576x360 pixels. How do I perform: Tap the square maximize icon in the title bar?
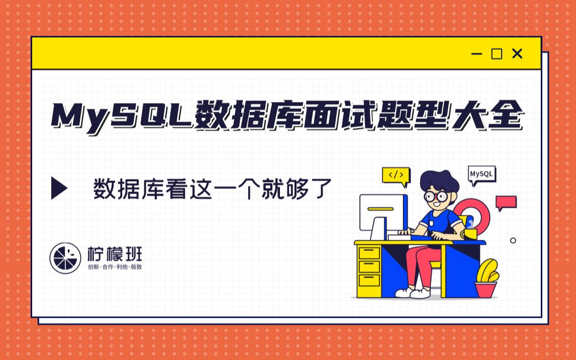click(497, 54)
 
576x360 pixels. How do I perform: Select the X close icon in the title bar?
click(517, 54)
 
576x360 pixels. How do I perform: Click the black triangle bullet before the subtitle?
click(59, 188)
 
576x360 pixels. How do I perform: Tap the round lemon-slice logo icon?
click(65, 258)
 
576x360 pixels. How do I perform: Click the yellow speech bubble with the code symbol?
click(396, 175)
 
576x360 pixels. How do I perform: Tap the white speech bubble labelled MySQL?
click(482, 174)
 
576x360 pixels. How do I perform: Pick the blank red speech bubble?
click(506, 202)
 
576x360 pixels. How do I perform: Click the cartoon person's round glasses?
click(435, 196)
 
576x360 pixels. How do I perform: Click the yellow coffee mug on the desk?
click(470, 233)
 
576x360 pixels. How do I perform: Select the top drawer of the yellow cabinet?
click(369, 252)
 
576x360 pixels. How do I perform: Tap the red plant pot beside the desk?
click(486, 290)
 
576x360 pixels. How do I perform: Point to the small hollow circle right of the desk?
click(513, 240)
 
